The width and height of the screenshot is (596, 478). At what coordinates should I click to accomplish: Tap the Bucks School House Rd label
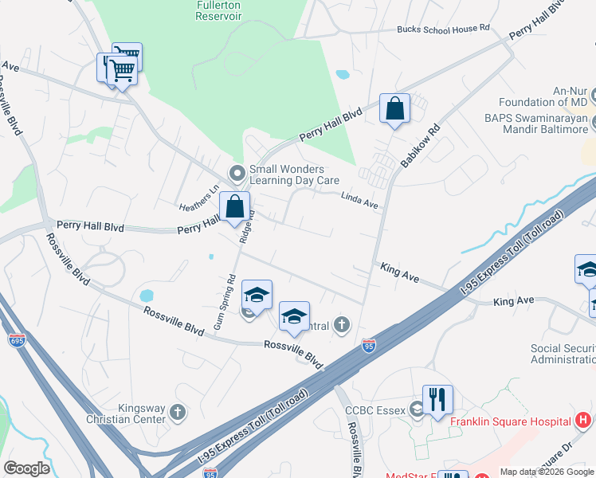(443, 29)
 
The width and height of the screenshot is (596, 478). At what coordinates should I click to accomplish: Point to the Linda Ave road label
(359, 201)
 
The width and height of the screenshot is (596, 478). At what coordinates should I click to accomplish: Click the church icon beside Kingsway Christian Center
(177, 412)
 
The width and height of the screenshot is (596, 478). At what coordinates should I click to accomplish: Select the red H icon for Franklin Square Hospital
(584, 421)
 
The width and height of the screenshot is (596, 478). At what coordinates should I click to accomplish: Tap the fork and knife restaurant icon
(437, 399)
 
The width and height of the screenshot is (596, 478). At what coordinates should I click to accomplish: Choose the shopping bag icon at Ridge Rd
(234, 207)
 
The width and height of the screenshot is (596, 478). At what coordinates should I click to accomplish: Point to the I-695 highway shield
(16, 340)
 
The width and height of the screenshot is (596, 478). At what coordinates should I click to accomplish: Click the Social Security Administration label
(563, 354)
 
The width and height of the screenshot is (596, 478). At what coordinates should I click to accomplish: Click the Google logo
(27, 468)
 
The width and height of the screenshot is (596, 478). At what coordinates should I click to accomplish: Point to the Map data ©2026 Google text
(546, 472)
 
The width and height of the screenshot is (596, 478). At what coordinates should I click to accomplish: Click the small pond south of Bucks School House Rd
(343, 75)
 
